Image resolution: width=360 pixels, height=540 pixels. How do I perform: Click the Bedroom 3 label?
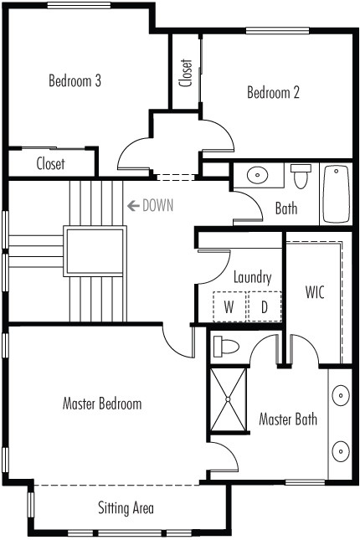coord(75,80)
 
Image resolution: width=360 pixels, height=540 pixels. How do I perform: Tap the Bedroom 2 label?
coord(273,92)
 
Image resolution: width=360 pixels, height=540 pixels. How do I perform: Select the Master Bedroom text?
coord(102,404)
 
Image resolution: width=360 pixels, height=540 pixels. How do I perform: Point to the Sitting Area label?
coord(126,508)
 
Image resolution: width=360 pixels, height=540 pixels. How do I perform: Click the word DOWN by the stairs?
coord(157,205)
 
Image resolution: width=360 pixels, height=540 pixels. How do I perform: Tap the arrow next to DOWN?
coord(133,206)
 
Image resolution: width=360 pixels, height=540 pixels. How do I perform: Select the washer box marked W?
coord(229,306)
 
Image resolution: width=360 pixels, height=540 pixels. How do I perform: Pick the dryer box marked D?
coord(265,306)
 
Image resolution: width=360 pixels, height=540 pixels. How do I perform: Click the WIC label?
coord(315,292)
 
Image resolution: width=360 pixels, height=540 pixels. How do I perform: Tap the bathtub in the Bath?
coord(337,194)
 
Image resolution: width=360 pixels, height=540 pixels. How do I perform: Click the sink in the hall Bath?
coord(257,176)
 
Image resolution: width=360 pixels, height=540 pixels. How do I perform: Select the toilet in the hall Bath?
coord(301,176)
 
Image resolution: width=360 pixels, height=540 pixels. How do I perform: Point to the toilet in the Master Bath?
coord(226,347)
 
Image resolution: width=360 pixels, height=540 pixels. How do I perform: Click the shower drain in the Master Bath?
coord(228,399)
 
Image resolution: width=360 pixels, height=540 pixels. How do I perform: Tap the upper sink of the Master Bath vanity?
coord(341,395)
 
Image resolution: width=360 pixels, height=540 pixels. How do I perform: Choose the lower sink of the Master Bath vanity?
coord(341,451)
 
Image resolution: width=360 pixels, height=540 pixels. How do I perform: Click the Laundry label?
coord(252,278)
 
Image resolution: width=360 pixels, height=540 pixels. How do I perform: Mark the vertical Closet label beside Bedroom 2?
coord(186,73)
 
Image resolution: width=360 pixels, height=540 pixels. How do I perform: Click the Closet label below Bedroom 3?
coord(50,163)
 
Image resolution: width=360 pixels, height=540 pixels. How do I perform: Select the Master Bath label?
coord(288,419)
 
